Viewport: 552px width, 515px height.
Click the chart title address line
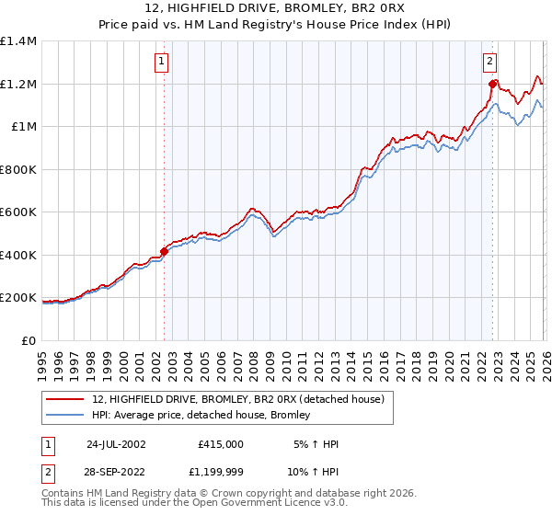276,9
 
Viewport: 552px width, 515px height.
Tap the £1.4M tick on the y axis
18,41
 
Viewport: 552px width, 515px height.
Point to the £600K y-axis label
18,212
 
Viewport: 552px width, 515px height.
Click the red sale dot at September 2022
492,85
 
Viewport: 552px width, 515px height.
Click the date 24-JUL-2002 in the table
116,444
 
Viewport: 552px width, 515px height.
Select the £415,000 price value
221,444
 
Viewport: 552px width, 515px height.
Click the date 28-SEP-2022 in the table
116,471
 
